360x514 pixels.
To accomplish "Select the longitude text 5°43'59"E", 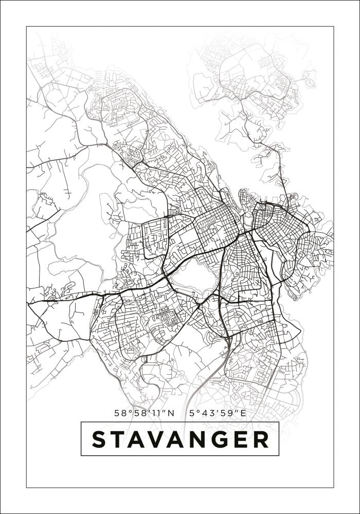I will pos(218,413).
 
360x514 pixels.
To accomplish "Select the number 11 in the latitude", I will pos(159,413).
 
